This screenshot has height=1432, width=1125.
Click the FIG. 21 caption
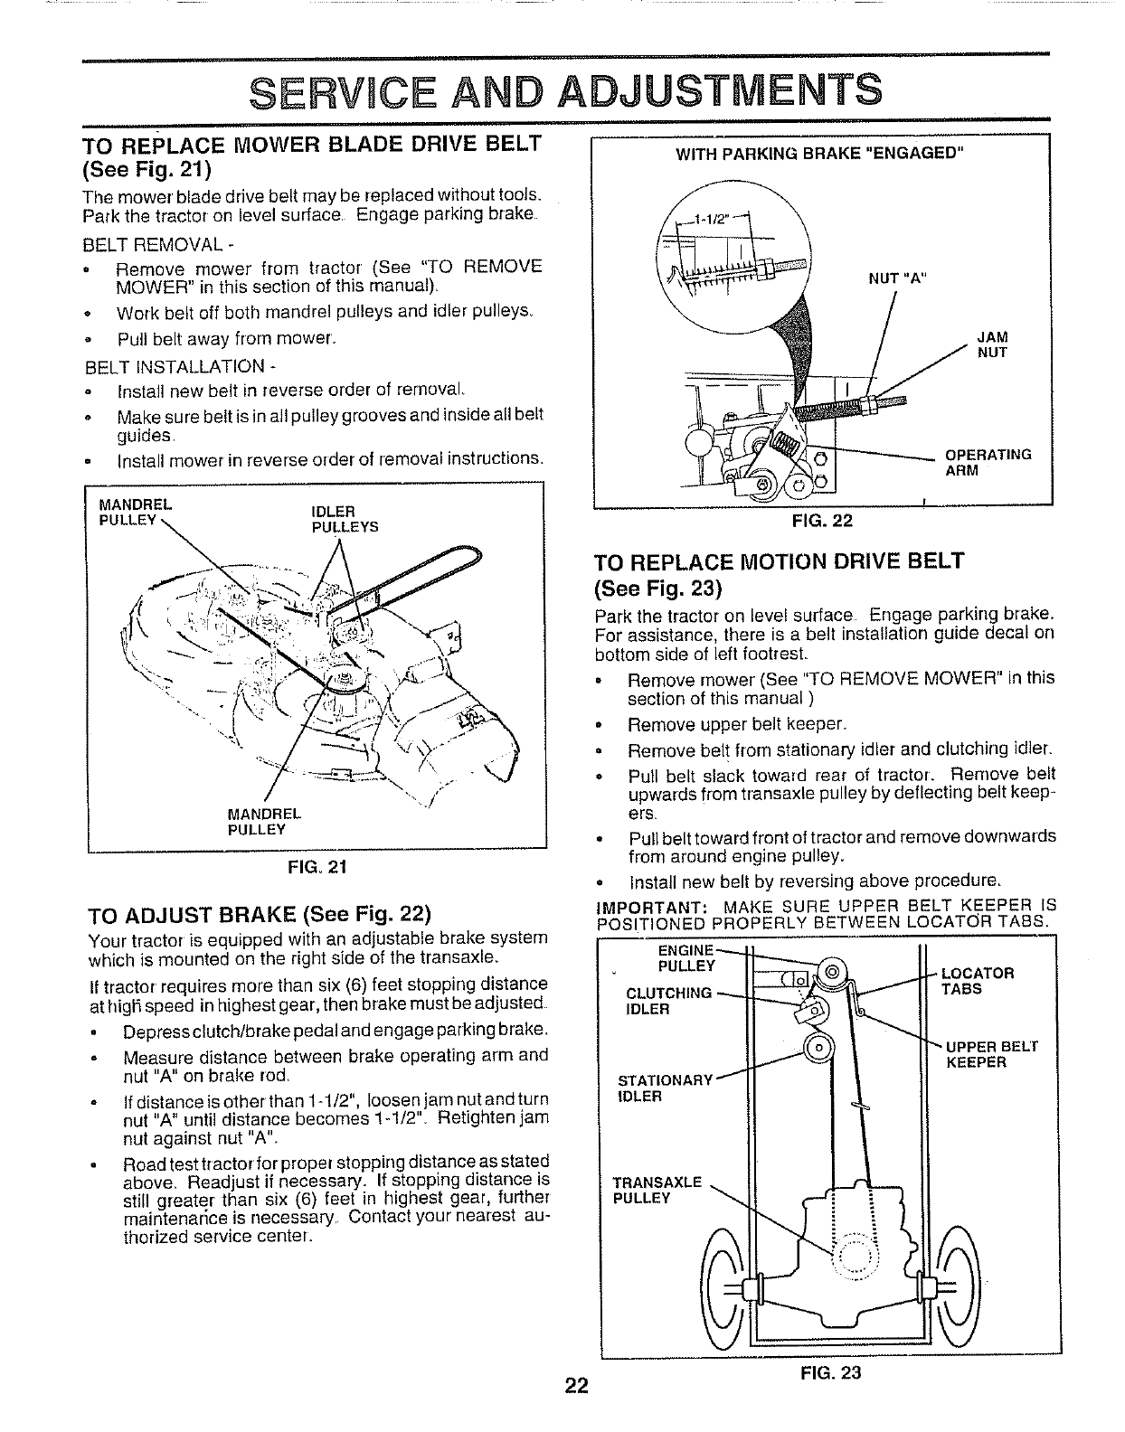(317, 867)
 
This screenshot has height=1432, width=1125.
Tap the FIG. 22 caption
(822, 521)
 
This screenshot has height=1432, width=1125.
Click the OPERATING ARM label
(988, 462)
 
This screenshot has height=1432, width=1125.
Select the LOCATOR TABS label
(977, 981)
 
